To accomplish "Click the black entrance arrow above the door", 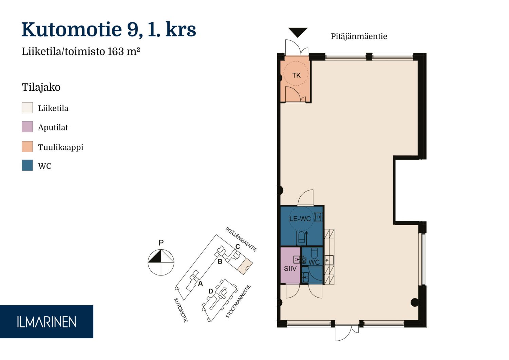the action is (x=298, y=32).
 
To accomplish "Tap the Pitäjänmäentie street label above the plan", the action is (x=359, y=36).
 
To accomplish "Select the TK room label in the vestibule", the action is (x=296, y=75).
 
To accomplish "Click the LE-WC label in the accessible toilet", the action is (x=300, y=219).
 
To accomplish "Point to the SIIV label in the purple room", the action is (x=290, y=269).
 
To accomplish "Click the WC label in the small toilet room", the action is (x=314, y=262).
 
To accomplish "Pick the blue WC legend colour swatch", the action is (x=27, y=165).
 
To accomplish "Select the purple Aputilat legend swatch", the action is (x=27, y=127).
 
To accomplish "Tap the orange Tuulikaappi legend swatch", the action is (x=27, y=146).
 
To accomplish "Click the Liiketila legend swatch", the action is (x=27, y=108).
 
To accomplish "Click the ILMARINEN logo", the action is (x=46, y=322).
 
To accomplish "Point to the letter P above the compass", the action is (x=161, y=242).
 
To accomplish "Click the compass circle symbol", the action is (x=161, y=263).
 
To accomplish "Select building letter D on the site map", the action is (x=211, y=291).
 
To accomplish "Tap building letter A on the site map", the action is (x=200, y=283).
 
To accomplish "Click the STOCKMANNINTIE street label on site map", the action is (x=238, y=301).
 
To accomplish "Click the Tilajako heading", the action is (x=41, y=87).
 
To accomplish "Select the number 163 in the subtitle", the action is (x=116, y=51).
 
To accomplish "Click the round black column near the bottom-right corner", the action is (x=415, y=302).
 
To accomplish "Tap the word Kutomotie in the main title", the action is (x=72, y=29).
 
